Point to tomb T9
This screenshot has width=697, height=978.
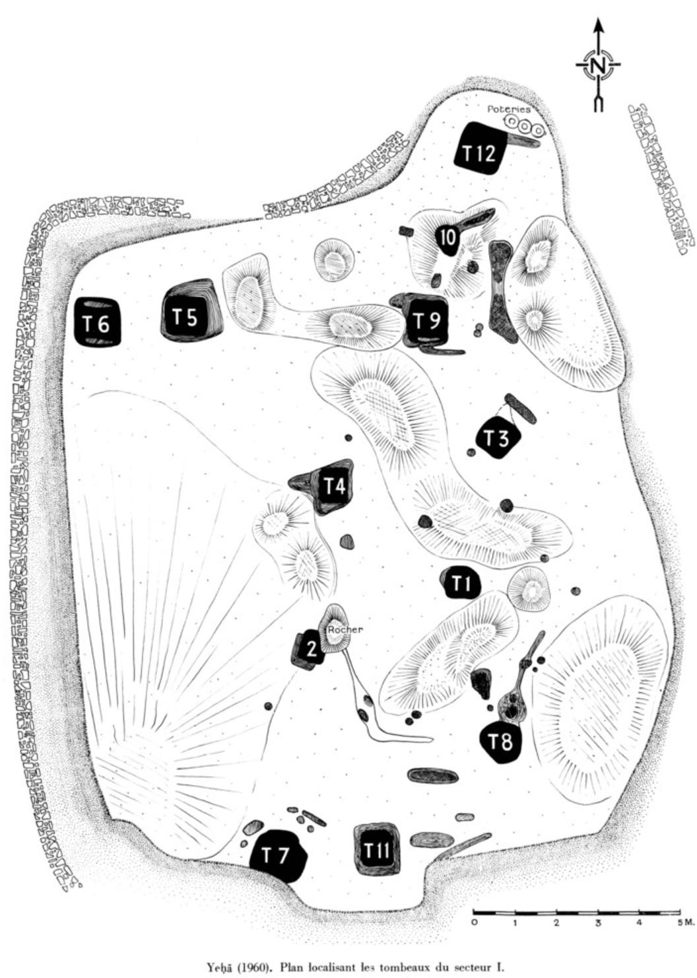pyautogui.click(x=422, y=320)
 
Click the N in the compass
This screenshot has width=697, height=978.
pyautogui.click(x=598, y=65)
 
